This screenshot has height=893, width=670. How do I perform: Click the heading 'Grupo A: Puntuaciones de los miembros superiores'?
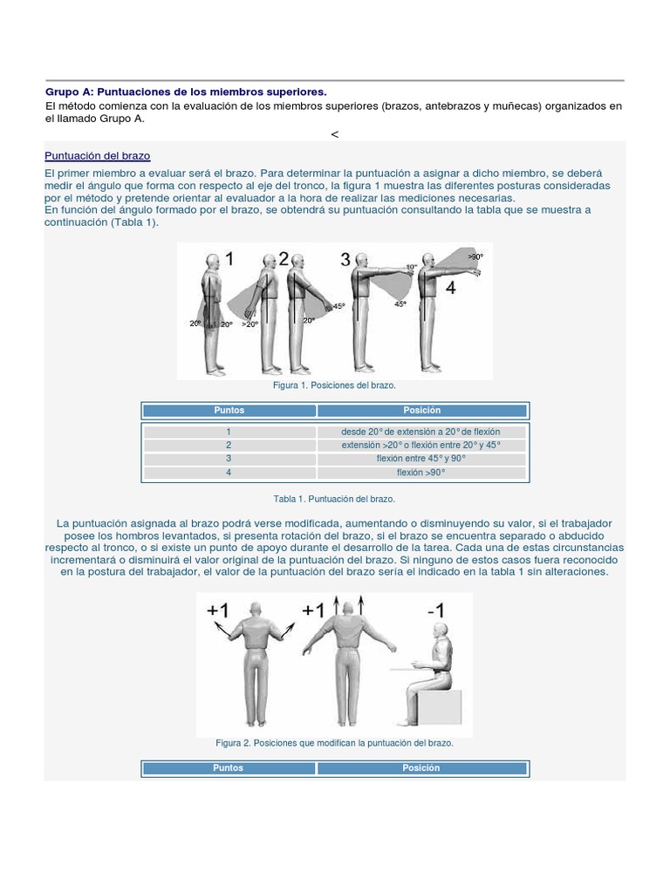[x=186, y=91]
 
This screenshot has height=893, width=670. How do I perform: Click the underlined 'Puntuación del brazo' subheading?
[x=97, y=155]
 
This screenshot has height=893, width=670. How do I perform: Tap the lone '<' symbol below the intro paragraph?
[x=334, y=133]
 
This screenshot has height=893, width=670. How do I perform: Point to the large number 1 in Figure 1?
[x=229, y=258]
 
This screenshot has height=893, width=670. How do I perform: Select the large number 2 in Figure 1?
[x=283, y=258]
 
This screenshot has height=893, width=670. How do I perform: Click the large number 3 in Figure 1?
[x=345, y=259]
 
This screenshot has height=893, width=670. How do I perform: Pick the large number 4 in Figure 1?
[x=450, y=288]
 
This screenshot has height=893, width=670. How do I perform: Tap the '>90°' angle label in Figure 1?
[x=475, y=257]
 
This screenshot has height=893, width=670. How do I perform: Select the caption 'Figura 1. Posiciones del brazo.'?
[x=334, y=385]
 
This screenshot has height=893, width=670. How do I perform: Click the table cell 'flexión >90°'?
[x=420, y=472]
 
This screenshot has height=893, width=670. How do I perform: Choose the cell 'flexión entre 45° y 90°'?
[x=420, y=458]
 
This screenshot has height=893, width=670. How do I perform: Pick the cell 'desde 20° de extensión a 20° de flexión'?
[x=420, y=432]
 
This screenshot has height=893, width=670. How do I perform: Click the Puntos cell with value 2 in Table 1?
[x=229, y=445]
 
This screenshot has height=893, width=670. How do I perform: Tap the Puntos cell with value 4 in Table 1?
[x=229, y=472]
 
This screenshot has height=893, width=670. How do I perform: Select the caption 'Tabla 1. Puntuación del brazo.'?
[x=334, y=499]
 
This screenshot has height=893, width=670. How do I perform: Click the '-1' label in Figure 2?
[x=436, y=611]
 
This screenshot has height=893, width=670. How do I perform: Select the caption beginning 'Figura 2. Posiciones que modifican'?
[x=334, y=743]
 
